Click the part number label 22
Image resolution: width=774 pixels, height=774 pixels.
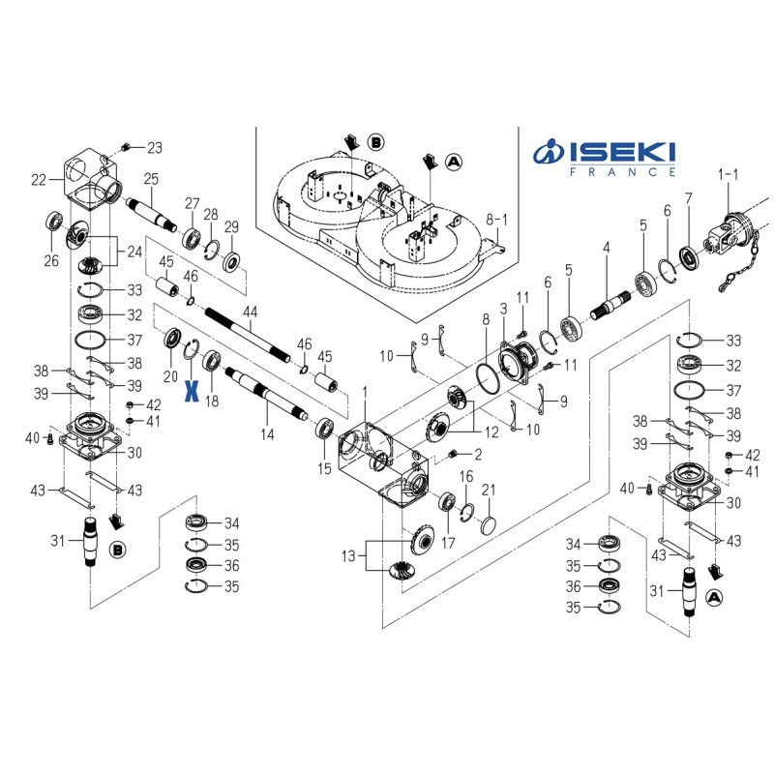(40, 180)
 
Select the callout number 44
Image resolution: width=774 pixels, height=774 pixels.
(252, 312)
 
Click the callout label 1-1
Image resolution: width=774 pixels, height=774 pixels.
(727, 174)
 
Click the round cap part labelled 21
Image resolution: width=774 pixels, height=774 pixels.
(487, 521)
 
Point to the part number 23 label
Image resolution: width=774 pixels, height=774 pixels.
(155, 148)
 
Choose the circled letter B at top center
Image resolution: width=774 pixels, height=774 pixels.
(374, 142)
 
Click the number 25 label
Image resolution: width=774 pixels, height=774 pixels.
(151, 178)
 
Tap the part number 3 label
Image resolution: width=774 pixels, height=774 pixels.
(503, 308)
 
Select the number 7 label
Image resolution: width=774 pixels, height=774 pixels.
(689, 198)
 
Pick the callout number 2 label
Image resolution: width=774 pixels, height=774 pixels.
(477, 454)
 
